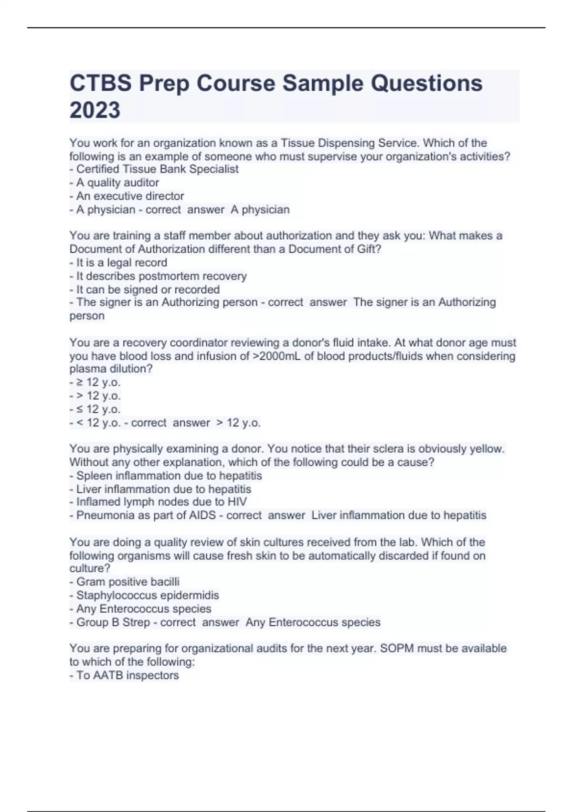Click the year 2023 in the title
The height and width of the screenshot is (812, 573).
point(95,110)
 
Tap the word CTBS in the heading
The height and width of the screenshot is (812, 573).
point(101,84)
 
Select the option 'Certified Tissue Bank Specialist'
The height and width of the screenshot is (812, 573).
point(157,169)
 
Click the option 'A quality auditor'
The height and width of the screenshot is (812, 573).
point(117,182)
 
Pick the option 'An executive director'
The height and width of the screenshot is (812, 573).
point(130,196)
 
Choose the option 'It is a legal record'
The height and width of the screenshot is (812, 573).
point(121,263)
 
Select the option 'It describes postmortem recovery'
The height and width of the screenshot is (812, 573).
point(161,276)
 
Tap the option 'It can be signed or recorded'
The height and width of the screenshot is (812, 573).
point(148,289)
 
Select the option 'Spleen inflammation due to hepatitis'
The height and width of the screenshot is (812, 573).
point(169,476)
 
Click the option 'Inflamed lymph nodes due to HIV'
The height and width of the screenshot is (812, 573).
point(161,502)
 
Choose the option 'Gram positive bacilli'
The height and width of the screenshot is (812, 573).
point(128,582)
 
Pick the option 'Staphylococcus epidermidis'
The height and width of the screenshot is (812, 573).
point(148,595)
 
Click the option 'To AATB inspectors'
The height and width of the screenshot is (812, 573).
point(127,675)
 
